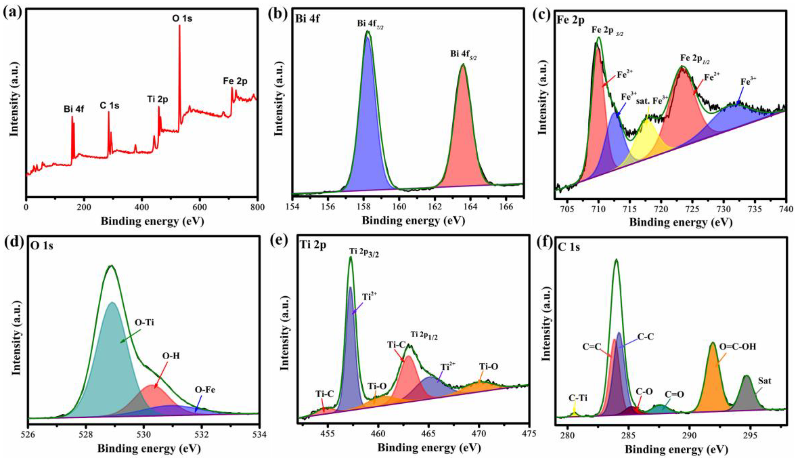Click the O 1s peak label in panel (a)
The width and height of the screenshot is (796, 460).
pyautogui.click(x=182, y=19)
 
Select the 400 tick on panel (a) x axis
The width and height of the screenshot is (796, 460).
pyautogui.click(x=141, y=208)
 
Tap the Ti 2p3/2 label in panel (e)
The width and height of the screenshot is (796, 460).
pyautogui.click(x=364, y=252)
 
